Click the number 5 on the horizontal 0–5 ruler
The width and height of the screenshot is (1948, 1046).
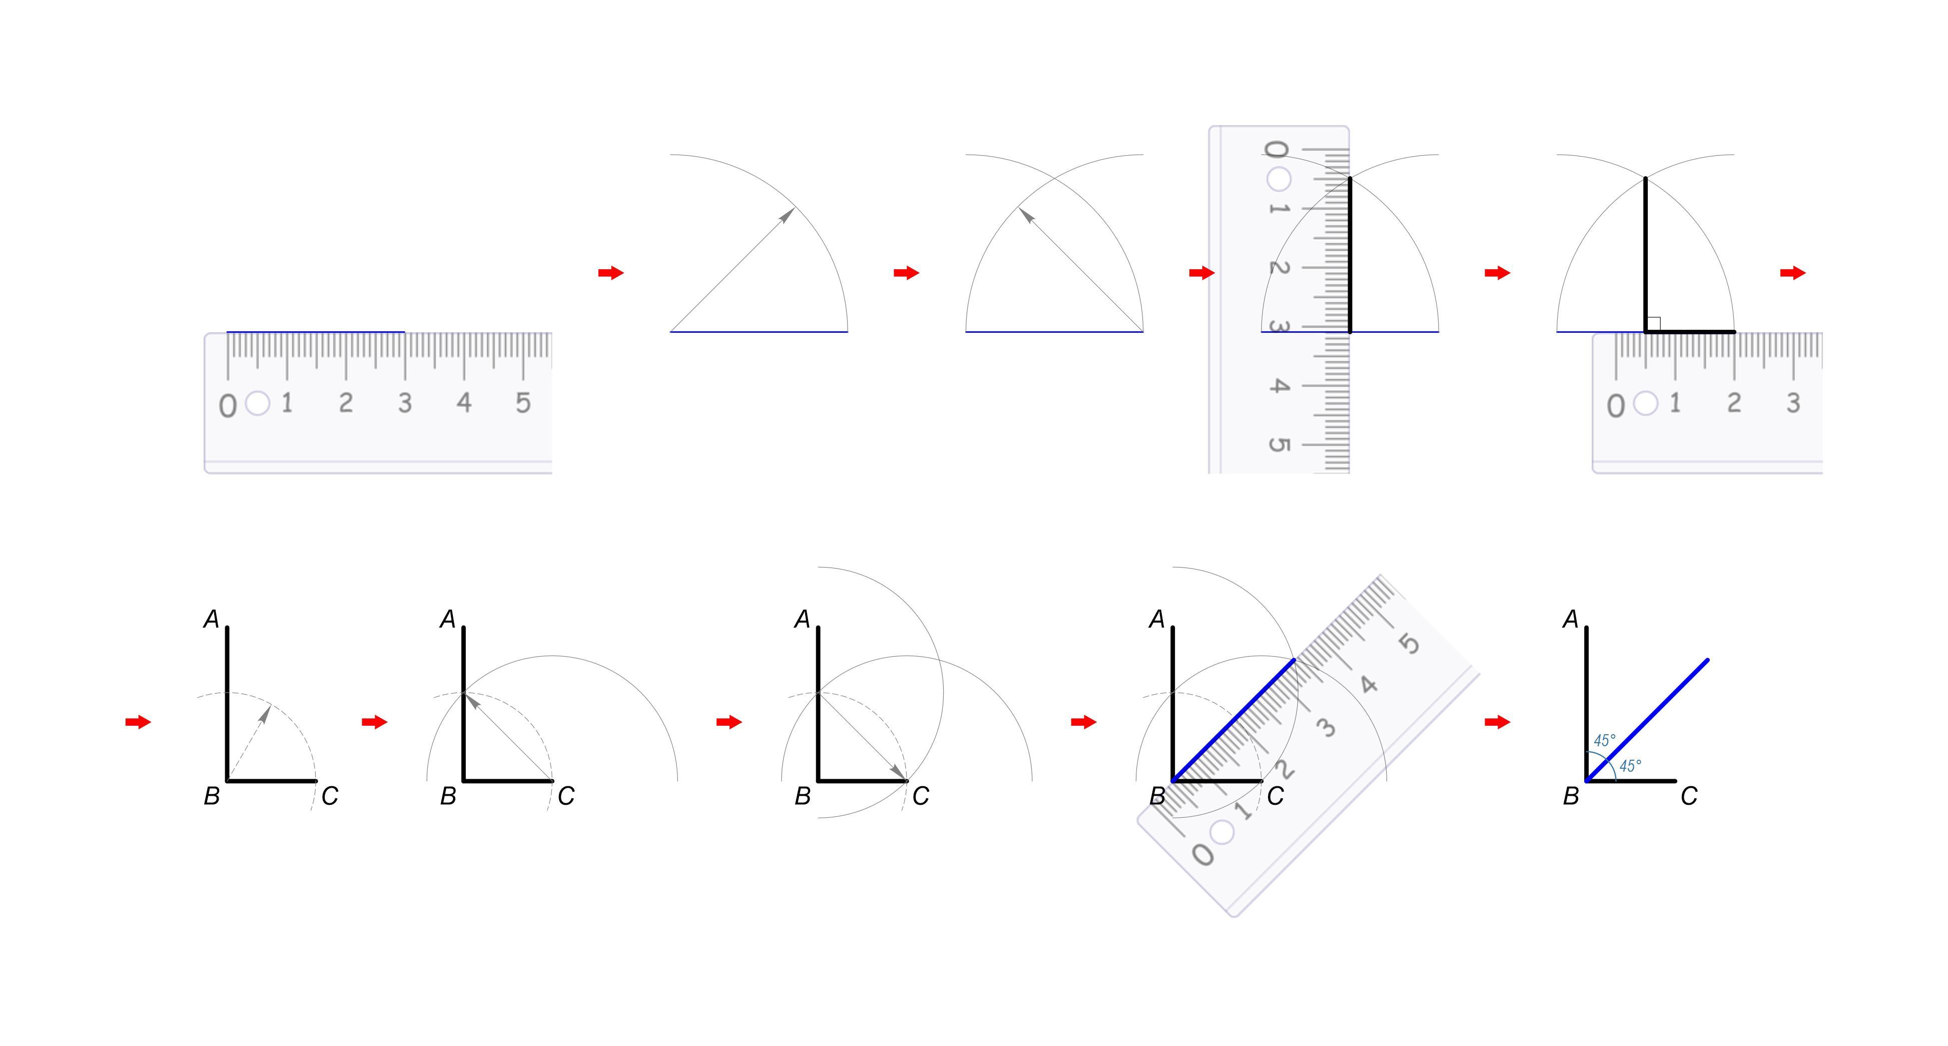pos(522,402)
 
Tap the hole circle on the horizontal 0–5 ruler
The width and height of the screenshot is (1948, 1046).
pos(258,403)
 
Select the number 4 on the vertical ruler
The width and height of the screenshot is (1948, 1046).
pos(1278,386)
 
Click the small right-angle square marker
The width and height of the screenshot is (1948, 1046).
pos(1653,324)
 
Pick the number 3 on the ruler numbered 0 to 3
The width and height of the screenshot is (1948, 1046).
pos(1793,402)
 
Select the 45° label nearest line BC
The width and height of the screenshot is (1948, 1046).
pos(1630,766)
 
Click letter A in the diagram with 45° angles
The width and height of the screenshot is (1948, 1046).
pos(1571,620)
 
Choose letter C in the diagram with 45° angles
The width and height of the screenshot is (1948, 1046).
pos(1689,796)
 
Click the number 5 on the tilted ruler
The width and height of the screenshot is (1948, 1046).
pos(1409,644)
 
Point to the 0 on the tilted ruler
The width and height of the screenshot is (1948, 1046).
pos(1202,855)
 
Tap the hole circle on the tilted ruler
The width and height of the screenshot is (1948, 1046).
pos(1222,832)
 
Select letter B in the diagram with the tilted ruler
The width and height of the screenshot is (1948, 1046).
pos(1157,796)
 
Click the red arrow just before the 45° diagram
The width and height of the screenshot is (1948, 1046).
pos(1497,722)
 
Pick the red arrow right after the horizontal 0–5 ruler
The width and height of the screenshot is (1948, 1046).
pos(611,273)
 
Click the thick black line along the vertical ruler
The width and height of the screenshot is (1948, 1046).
pos(1350,255)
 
